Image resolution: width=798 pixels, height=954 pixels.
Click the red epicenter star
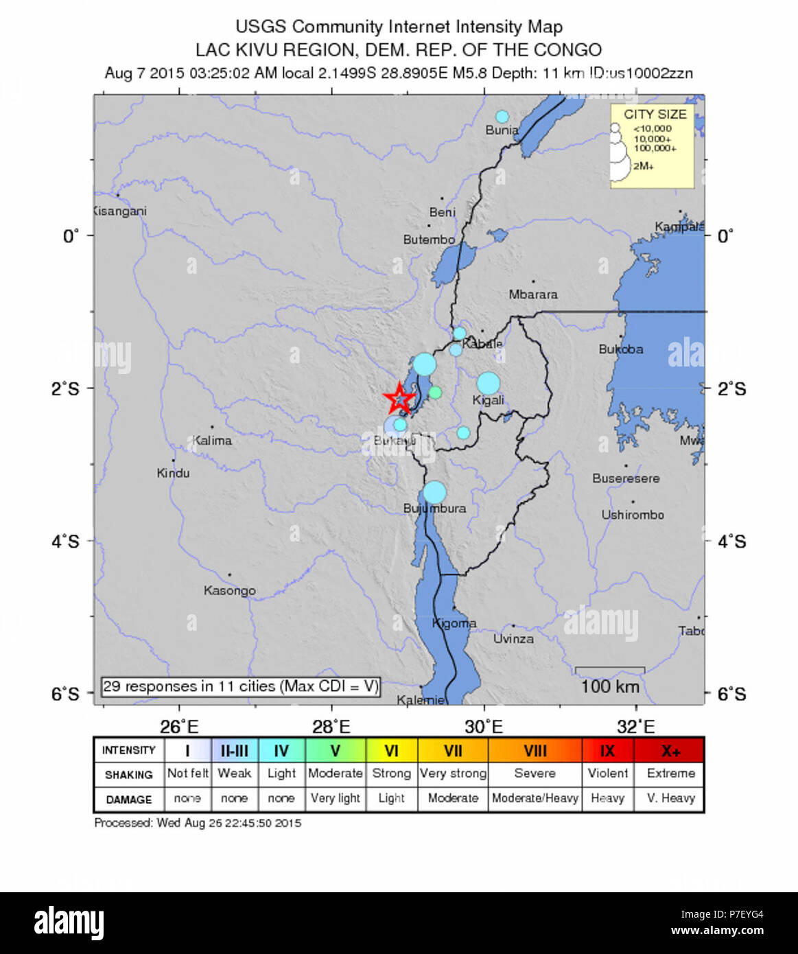(399, 398)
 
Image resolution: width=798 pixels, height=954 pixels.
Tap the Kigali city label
(488, 400)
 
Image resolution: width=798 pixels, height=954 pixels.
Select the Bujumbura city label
(434, 509)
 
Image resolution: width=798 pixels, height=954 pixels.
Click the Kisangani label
(120, 211)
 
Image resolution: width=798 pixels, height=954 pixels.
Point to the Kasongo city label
(229, 590)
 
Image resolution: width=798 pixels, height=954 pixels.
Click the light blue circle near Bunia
(502, 117)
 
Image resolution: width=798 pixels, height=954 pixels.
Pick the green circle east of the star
(435, 393)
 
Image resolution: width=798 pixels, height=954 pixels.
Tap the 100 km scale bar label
(609, 686)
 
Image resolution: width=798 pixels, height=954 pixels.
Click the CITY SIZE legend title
(655, 115)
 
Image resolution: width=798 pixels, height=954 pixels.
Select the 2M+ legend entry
(643, 166)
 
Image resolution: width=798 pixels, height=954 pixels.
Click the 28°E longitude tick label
(331, 727)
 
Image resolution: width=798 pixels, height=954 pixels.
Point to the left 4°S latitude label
(65, 542)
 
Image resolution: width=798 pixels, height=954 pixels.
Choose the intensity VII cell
(452, 751)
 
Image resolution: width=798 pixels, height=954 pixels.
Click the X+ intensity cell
(670, 751)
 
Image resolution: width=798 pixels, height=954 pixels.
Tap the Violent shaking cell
(607, 773)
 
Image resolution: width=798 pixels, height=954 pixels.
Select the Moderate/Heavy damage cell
(535, 799)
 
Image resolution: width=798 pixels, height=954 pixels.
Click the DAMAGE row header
(128, 800)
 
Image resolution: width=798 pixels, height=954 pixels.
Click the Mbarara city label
(533, 294)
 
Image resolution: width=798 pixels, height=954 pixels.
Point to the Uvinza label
(513, 639)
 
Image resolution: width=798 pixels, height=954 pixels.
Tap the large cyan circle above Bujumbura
(434, 492)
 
